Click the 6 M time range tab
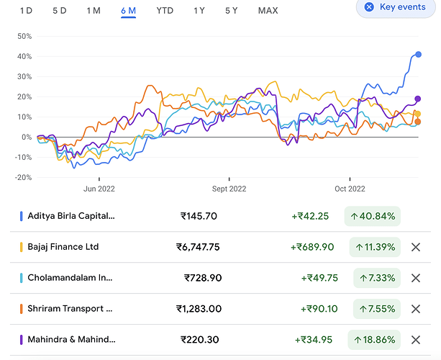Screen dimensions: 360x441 (129, 10)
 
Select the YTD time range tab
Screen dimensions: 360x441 (165, 10)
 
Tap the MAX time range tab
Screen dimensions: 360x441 (268, 10)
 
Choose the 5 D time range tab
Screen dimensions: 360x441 (60, 10)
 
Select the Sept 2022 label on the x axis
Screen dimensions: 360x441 (229, 189)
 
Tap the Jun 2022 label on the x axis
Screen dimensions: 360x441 (99, 189)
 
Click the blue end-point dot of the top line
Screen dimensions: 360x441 (418, 55)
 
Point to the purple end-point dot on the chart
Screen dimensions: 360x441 (418, 99)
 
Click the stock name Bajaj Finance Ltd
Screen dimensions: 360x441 (63, 247)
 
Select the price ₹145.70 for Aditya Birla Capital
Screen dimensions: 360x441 (199, 216)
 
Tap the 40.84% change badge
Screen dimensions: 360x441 (372, 216)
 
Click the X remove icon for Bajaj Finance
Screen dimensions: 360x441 (415, 247)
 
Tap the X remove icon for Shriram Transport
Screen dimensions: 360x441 (415, 309)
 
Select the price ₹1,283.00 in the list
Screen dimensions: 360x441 (199, 309)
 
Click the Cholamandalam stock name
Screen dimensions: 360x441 (70, 278)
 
